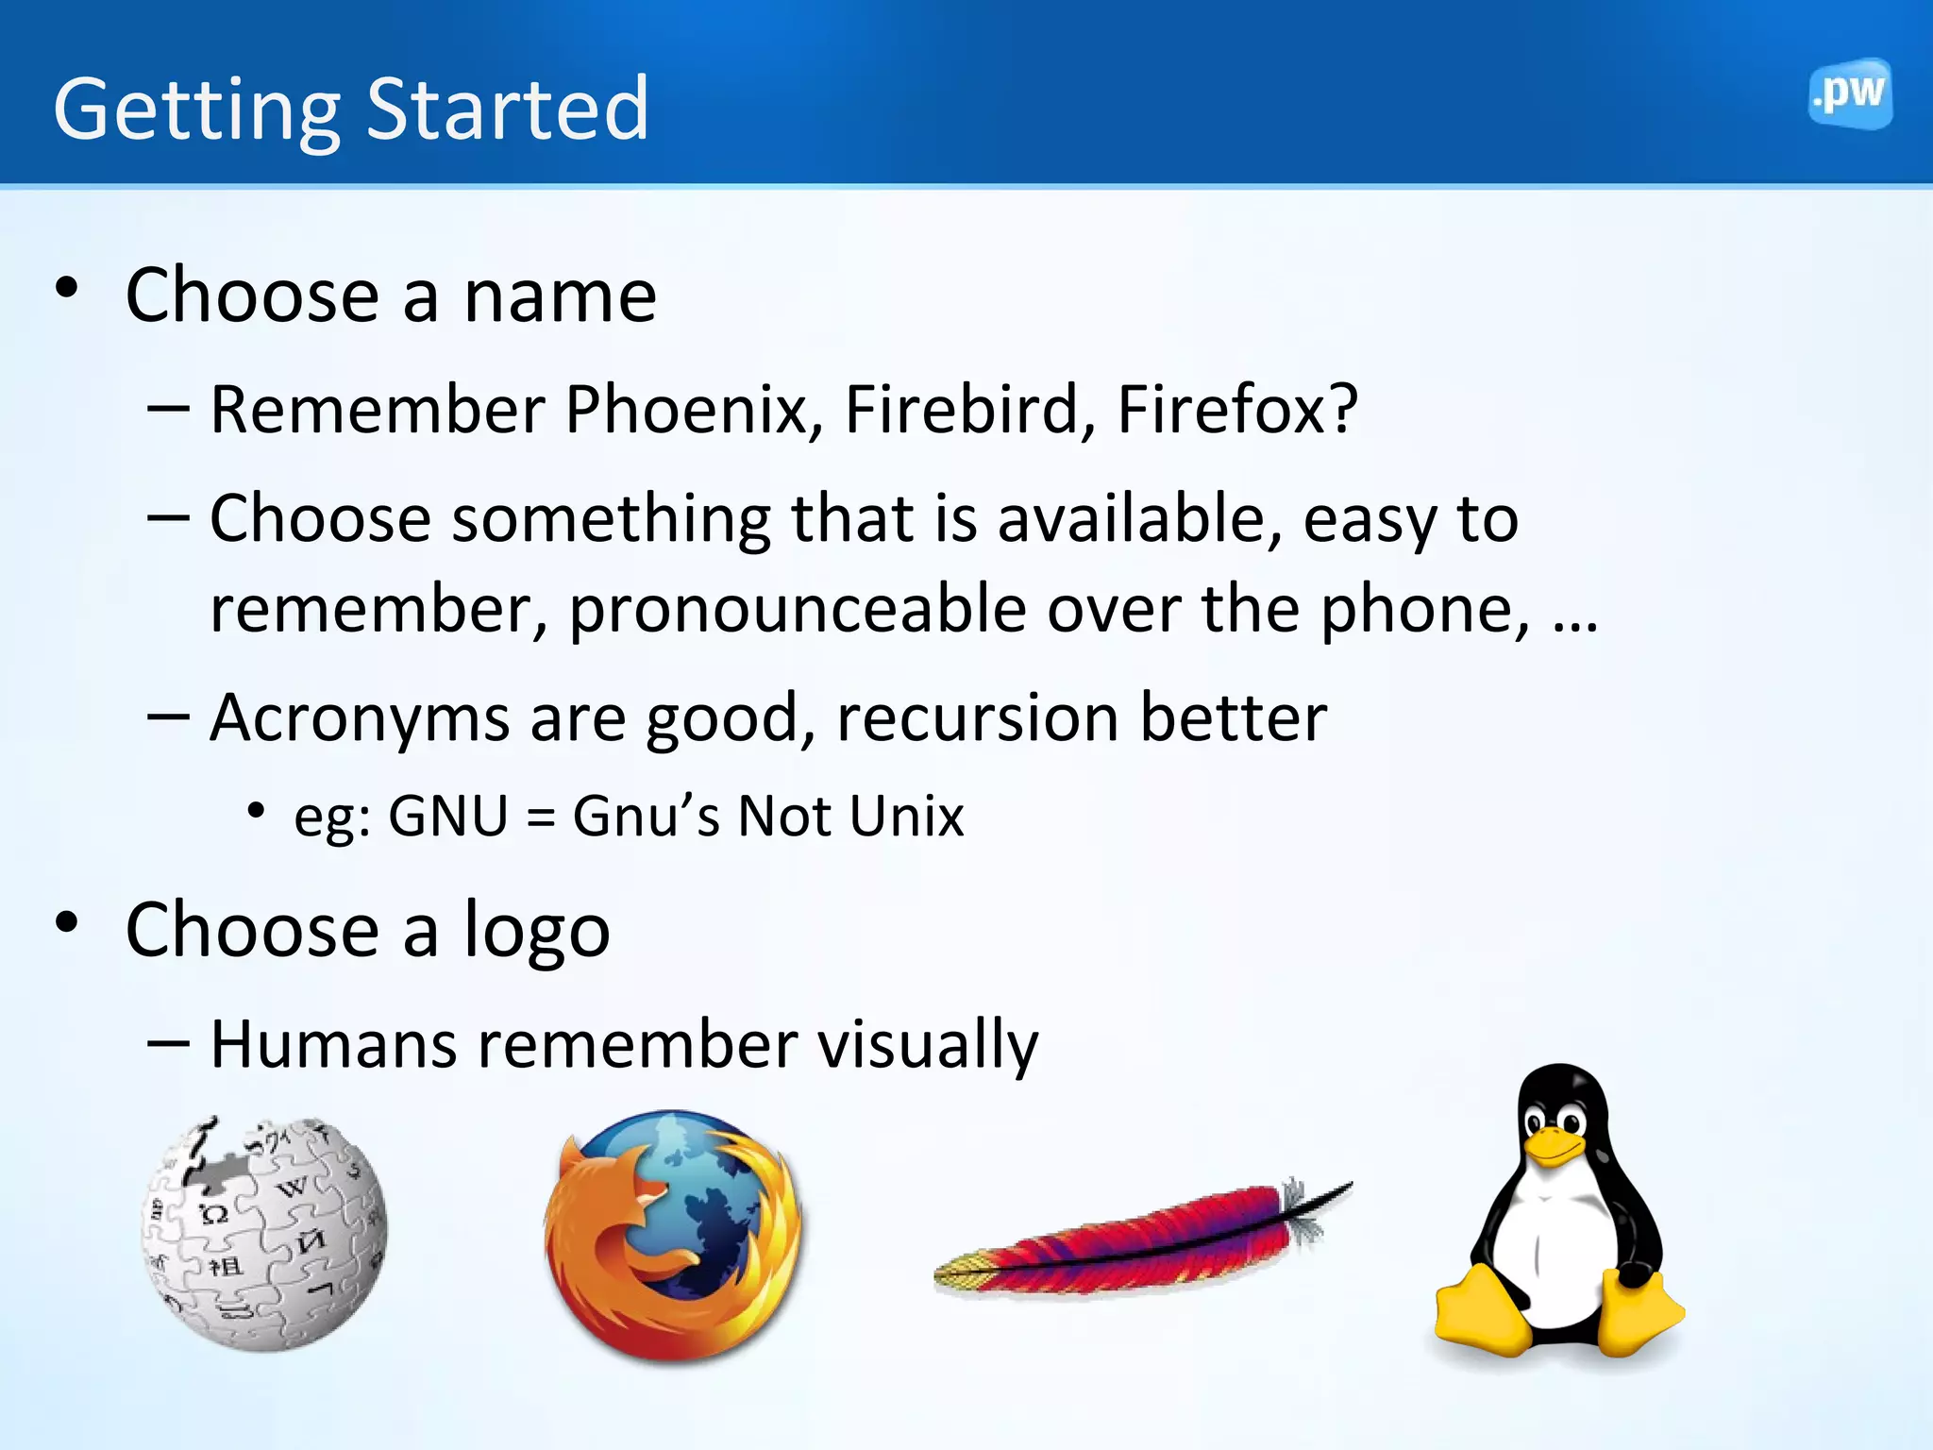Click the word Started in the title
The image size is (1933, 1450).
coord(507,110)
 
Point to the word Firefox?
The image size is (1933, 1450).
coord(1236,410)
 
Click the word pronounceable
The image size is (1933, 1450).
coord(797,610)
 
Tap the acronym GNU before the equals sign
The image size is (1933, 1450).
coord(448,816)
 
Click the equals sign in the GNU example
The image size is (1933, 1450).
coord(541,818)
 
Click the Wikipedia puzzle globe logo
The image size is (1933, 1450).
coord(263,1233)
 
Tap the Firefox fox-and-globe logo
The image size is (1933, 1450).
coord(673,1235)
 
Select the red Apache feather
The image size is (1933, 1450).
coord(1142,1240)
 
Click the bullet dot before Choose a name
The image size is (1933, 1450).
coord(66,288)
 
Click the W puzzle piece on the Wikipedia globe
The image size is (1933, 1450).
coord(294,1187)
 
